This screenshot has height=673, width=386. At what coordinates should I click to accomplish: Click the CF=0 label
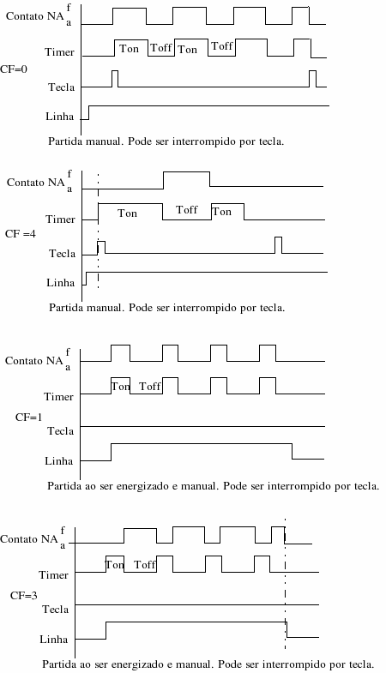[x=14, y=69]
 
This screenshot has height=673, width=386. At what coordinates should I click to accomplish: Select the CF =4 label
[x=21, y=234]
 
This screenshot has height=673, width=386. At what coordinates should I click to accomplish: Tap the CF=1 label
[x=29, y=418]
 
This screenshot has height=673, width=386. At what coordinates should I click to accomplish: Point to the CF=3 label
[x=24, y=596]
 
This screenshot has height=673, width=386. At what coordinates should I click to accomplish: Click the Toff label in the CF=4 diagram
[x=187, y=210]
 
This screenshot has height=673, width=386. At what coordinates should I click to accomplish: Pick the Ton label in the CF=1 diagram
[x=121, y=387]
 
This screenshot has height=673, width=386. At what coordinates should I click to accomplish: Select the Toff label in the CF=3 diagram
[x=145, y=564]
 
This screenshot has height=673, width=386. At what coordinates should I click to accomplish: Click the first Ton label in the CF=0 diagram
[x=129, y=49]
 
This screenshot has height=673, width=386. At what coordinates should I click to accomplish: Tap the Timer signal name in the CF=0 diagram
[x=60, y=52]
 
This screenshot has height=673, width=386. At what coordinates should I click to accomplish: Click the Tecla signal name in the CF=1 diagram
[x=61, y=431]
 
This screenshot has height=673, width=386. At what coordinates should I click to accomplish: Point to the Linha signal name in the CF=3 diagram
[x=54, y=640]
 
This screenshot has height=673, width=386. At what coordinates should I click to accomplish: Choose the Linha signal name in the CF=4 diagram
[x=61, y=283]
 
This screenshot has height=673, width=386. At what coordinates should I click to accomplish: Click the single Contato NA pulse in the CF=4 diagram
[x=187, y=172]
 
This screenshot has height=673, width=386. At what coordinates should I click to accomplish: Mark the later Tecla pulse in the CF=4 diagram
[x=278, y=237]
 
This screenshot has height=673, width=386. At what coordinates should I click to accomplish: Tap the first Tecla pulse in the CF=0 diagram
[x=115, y=71]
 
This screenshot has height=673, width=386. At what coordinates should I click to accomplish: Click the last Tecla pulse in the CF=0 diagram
[x=312, y=71]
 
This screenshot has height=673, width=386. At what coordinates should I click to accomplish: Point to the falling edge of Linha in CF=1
[x=293, y=451]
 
